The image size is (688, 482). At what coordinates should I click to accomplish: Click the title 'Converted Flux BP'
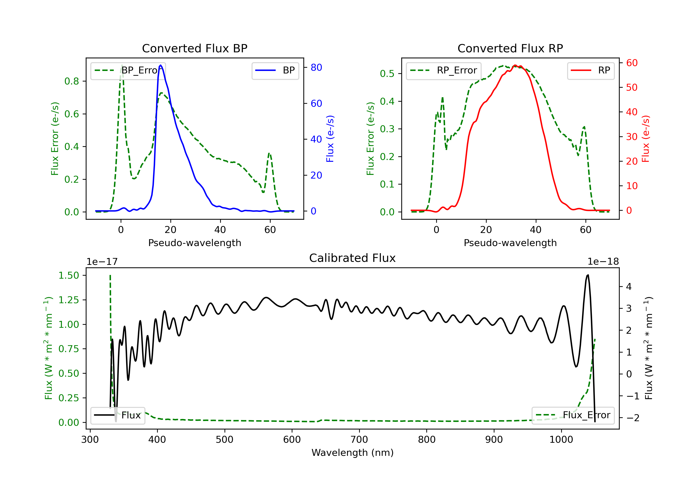[195, 48]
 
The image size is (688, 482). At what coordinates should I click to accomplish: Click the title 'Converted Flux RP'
[510, 48]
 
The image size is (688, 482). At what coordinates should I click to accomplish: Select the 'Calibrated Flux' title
[352, 258]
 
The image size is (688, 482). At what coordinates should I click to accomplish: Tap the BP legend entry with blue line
[275, 70]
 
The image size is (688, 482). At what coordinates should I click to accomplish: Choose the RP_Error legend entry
[444, 70]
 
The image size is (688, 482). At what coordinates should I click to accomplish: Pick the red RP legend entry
[591, 70]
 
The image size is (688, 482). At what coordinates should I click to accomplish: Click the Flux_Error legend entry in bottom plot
[573, 415]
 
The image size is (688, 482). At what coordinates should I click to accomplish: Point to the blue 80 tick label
[316, 67]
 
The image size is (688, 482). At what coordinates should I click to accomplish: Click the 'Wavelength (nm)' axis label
[352, 453]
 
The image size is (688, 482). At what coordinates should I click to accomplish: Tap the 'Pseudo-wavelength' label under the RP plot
[510, 243]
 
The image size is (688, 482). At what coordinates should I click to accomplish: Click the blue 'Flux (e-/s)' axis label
[330, 139]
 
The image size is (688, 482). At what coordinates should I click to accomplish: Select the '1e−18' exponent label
[603, 262]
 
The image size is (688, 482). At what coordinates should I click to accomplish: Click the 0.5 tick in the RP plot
[387, 73]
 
